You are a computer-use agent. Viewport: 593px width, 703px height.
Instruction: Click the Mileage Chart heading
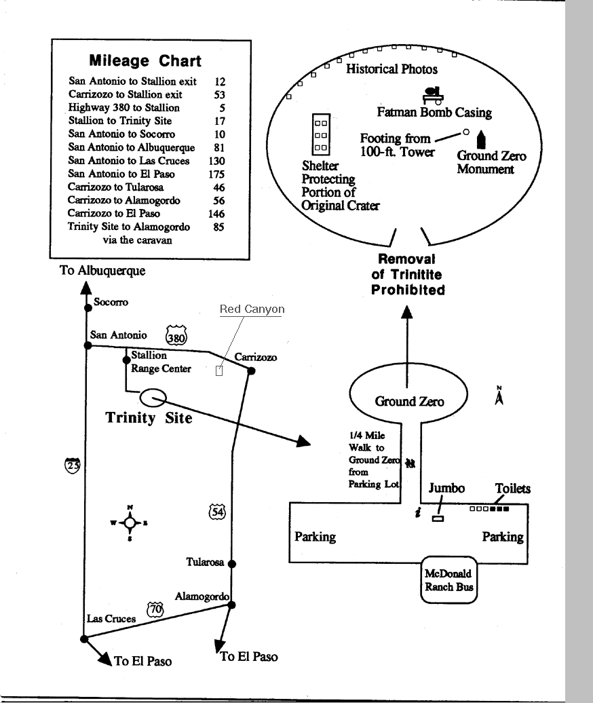[145, 60]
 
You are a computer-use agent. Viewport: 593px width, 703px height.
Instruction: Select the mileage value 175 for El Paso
[216, 174]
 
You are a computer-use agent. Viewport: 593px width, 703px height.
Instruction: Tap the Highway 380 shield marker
[176, 336]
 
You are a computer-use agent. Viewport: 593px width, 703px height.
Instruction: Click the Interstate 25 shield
[73, 465]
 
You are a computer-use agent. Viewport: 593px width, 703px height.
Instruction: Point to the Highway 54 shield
[217, 512]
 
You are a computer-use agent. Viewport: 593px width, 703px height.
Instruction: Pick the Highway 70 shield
[155, 609]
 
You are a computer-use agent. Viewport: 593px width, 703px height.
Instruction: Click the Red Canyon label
[252, 309]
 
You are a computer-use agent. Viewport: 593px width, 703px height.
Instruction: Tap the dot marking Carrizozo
[252, 370]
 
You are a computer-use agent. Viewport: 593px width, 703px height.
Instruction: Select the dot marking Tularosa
[232, 564]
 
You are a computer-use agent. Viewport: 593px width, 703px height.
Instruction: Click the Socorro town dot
[88, 308]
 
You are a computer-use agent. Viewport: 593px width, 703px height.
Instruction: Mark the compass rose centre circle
[130, 522]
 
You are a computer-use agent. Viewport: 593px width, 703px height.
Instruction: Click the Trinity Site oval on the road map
[153, 398]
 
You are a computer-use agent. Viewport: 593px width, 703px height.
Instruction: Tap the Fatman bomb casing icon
[434, 95]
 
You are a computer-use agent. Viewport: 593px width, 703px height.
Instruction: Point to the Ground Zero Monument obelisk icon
[481, 139]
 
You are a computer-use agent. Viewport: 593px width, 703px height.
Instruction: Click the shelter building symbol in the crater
[321, 134]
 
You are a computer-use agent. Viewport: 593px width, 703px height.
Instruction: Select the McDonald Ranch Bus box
[449, 579]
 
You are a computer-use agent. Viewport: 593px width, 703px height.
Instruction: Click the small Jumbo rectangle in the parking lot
[438, 518]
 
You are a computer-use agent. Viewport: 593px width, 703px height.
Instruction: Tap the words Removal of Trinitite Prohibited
[408, 274]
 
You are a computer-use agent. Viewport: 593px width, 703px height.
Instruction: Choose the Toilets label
[513, 489]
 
